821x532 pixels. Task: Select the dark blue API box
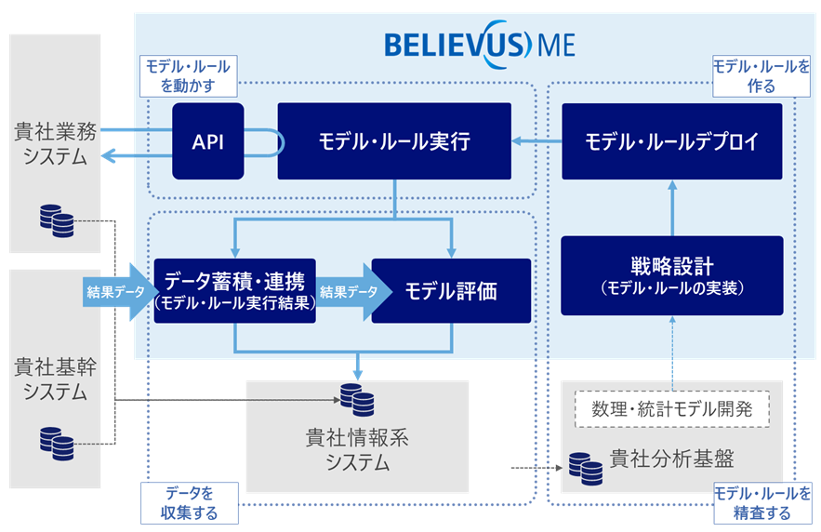tap(207, 141)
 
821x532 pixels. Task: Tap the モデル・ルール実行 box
tap(394, 141)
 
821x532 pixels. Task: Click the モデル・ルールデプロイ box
tap(671, 141)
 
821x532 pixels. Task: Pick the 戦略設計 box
tap(671, 274)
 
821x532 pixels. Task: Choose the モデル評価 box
tap(451, 290)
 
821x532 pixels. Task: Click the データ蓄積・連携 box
tap(235, 290)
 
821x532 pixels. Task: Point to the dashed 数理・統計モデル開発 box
tap(672, 407)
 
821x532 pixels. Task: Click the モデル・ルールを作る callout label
tap(761, 75)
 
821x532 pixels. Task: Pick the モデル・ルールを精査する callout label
tap(761, 502)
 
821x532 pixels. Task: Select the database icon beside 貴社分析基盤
tap(585, 468)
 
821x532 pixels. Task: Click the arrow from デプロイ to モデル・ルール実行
tap(536, 142)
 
